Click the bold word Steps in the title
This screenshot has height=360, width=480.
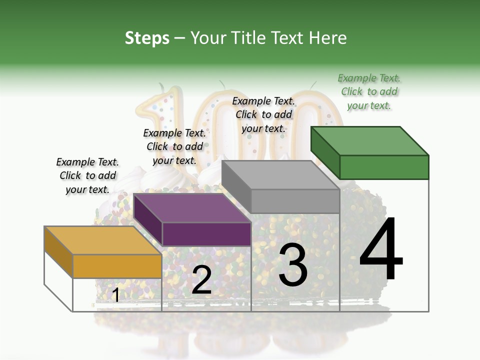point(147,38)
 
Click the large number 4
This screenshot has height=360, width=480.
point(381,249)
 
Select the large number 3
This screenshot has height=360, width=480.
point(292,265)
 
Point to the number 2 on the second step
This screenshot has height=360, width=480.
point(201,280)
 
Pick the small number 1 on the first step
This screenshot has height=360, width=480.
point(115,295)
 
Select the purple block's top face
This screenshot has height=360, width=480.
point(192,208)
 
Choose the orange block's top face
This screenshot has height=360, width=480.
point(103,240)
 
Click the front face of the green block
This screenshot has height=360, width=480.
point(384,167)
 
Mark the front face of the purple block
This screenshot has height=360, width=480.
point(206,234)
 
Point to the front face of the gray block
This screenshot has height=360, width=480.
point(295,201)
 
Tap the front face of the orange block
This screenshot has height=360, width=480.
point(117,266)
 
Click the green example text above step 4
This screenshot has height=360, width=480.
point(369,91)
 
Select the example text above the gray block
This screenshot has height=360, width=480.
point(263,114)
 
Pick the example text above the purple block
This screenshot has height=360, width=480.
point(174,146)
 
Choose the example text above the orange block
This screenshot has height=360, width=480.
point(87,175)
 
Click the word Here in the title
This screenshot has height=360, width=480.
point(328,38)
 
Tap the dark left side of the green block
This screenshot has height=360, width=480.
point(325,152)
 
